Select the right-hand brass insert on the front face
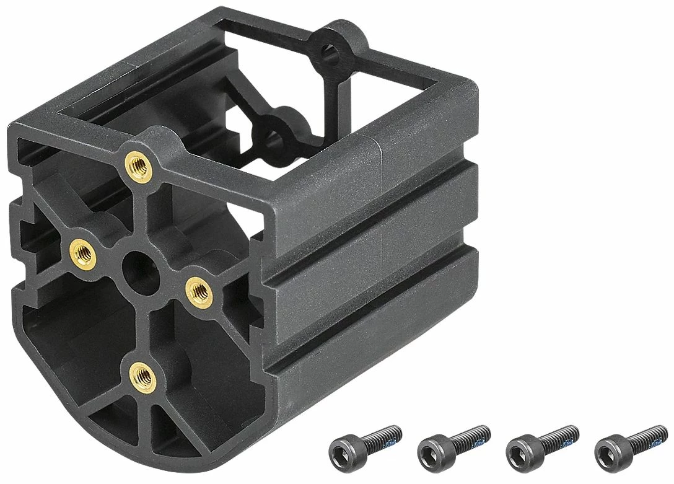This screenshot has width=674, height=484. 199,289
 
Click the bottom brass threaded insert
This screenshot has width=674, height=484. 143,374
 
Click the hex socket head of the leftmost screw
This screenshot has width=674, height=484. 341,449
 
